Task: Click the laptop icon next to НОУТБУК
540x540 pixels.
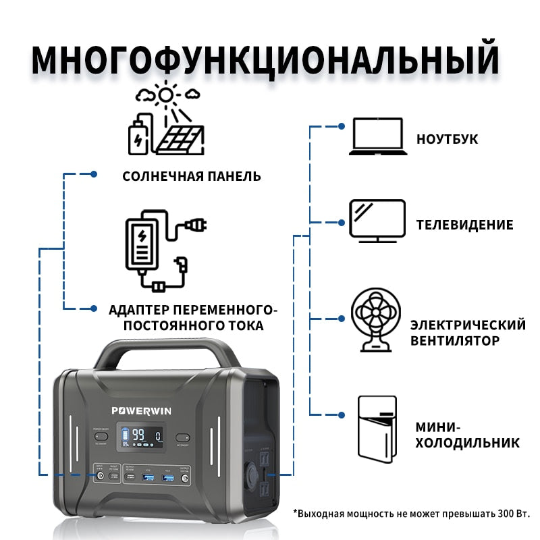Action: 377,136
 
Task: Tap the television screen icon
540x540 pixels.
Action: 377,220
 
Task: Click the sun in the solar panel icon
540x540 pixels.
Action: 165,94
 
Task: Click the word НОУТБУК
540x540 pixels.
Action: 447,139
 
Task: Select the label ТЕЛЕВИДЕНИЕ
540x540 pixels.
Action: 464,225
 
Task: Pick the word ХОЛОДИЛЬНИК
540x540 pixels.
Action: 466,443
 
